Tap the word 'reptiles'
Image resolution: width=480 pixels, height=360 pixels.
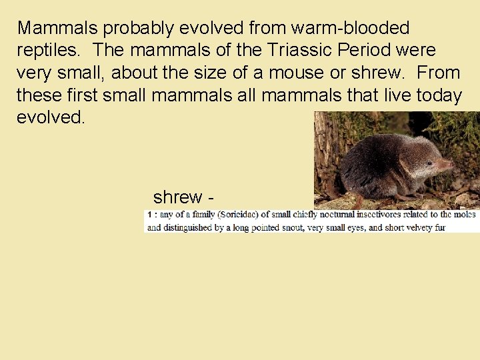51,51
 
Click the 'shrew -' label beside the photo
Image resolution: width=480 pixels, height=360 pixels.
183,197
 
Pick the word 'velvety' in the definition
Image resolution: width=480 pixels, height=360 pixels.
413,227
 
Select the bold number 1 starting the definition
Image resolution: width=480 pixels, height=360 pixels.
149,215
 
